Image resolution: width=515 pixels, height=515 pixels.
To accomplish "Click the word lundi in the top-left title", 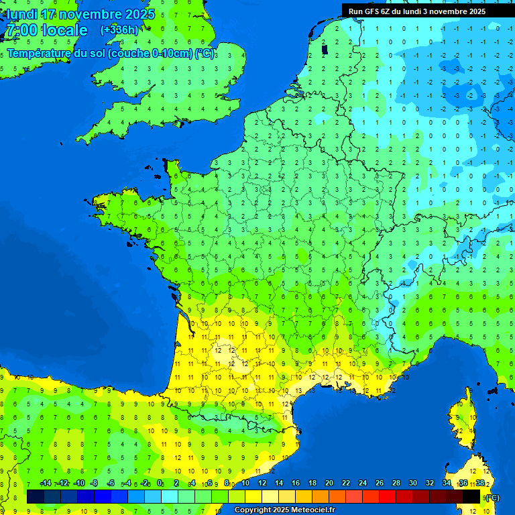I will point(21,14).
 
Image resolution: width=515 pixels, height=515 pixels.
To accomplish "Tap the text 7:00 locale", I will point(46,30).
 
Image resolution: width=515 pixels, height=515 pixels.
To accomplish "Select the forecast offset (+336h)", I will point(119,30).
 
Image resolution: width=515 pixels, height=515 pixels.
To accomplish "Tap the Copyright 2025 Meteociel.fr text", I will point(284,510).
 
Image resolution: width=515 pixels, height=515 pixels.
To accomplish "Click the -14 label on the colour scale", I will point(46,483).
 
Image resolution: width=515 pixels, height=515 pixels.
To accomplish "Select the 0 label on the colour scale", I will point(160,483).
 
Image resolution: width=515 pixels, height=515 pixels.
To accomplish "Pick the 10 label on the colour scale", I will point(245,483).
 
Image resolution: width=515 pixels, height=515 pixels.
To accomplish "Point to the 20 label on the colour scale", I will point(329,483).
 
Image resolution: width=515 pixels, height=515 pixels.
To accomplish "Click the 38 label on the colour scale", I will point(480,483).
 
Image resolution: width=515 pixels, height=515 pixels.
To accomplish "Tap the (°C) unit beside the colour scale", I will point(492,497).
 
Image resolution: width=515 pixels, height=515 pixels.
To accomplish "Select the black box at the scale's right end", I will point(471,497).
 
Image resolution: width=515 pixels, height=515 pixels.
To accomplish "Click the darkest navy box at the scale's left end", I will point(36,497).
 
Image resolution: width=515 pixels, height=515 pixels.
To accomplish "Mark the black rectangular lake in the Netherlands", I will point(325,48).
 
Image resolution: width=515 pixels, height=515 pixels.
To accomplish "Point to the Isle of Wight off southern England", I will point(180,123).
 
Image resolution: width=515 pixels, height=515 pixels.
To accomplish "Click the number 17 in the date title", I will point(48,14).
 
